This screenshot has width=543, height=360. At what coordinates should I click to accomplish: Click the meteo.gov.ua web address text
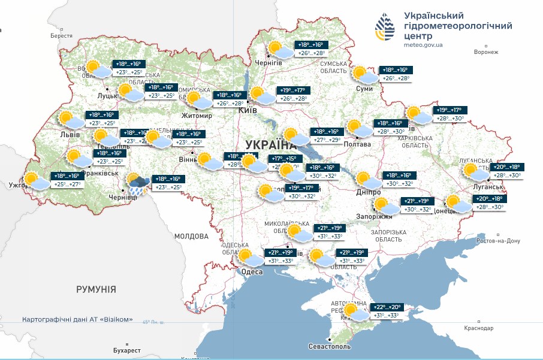(423, 44)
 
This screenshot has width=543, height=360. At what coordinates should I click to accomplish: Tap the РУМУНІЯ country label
(96, 289)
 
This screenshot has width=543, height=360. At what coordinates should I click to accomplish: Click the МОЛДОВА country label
(191, 237)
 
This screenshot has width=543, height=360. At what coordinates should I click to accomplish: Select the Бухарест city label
(126, 350)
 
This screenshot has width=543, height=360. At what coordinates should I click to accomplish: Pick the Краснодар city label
(478, 328)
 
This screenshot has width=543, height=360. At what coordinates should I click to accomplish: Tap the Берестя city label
(61, 36)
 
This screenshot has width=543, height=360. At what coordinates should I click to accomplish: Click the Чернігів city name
(269, 63)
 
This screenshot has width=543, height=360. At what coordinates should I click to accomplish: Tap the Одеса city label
(252, 272)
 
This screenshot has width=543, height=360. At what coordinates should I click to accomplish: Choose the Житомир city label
(197, 116)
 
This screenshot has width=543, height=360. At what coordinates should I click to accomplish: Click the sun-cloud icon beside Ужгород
(35, 180)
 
